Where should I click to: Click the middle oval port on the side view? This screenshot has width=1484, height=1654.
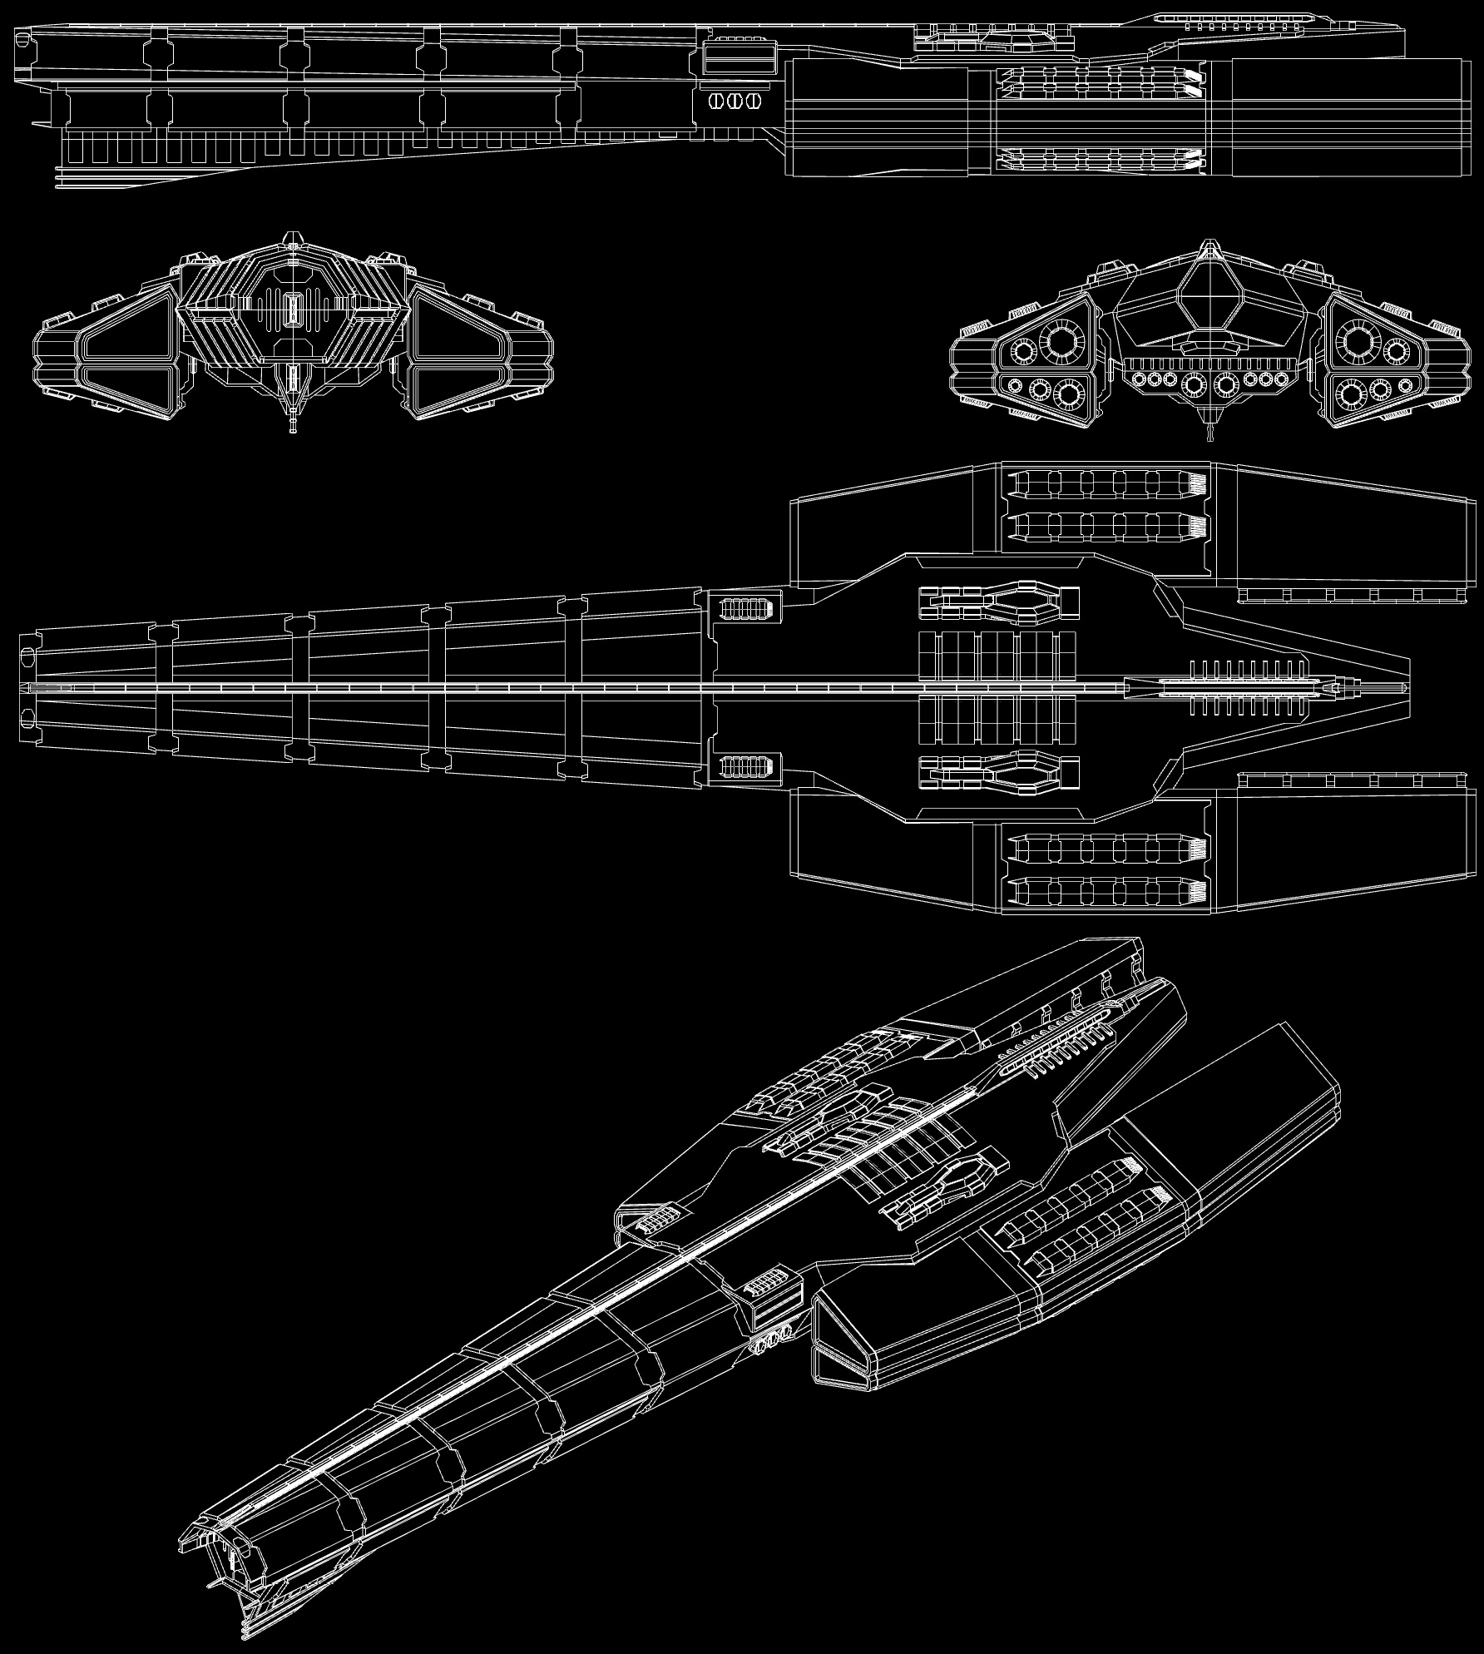pyautogui.click(x=733, y=101)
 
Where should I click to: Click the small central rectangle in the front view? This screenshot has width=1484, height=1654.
pyautogui.click(x=292, y=310)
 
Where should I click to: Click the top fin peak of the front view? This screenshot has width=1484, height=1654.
pyautogui.click(x=292, y=238)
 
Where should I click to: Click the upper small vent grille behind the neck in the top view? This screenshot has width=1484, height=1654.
pyautogui.click(x=744, y=608)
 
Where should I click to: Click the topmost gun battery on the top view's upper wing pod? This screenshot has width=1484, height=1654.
pyautogui.click(x=1106, y=483)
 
